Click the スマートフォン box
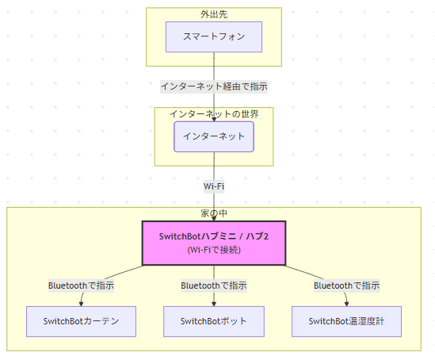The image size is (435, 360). click(x=214, y=37)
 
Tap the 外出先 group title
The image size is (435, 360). click(x=214, y=14)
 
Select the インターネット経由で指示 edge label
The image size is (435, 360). click(x=214, y=86)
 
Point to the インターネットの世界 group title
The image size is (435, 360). click(x=214, y=114)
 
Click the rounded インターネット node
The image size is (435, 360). click(x=214, y=136)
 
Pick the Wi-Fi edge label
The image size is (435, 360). click(x=214, y=186)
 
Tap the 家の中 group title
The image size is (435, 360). click(x=214, y=213)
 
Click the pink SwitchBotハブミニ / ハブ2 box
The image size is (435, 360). click(x=214, y=243)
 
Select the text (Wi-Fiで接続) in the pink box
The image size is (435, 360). click(x=214, y=250)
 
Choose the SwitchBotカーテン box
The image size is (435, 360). click(x=81, y=321)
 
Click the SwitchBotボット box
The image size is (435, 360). click(x=214, y=321)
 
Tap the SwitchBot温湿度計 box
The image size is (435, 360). click(x=346, y=321)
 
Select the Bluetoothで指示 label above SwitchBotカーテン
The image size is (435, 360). click(x=81, y=285)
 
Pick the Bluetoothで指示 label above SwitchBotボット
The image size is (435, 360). click(x=214, y=285)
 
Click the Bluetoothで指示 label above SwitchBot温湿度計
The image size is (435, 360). click(x=346, y=285)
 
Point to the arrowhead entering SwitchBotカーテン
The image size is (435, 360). click(x=81, y=304)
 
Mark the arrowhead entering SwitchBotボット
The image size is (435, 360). click(x=214, y=304)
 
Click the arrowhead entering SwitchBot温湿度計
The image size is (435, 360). click(x=346, y=304)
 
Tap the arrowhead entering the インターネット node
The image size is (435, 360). click(x=214, y=120)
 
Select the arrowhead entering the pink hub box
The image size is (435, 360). click(x=214, y=219)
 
